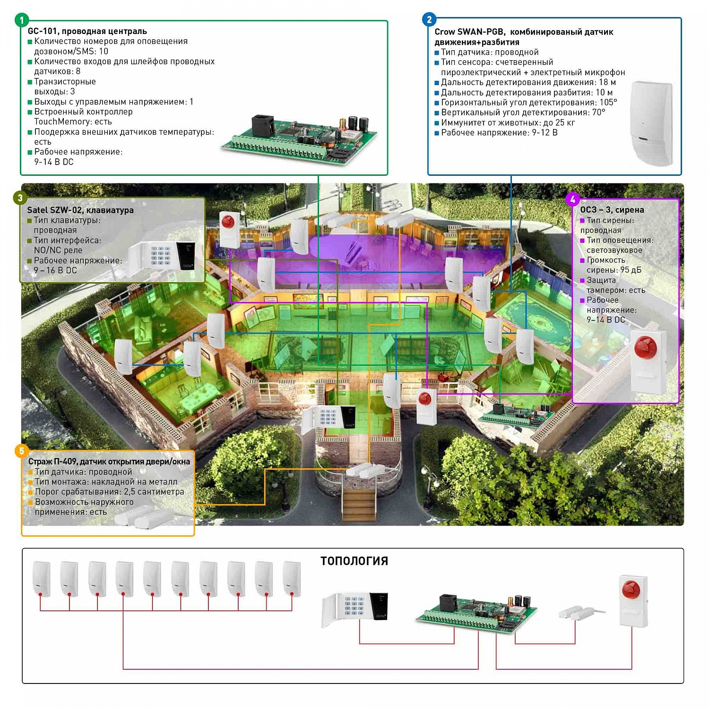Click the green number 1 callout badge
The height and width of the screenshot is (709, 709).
(22, 20)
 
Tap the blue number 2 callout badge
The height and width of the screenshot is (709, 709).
(429, 19)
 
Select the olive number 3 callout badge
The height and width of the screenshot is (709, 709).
(20, 198)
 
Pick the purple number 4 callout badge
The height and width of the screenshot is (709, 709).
(573, 199)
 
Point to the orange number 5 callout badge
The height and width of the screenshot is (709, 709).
(21, 450)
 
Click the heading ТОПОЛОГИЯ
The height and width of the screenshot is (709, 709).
(354, 561)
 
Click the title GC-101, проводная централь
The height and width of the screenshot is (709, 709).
(87, 31)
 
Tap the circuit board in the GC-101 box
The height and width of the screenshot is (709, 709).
(299, 138)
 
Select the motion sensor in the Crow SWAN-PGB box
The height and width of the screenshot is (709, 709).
(651, 123)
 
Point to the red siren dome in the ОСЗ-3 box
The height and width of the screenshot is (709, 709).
(646, 346)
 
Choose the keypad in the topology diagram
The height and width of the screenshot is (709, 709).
(355, 610)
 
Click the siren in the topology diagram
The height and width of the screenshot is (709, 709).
(633, 601)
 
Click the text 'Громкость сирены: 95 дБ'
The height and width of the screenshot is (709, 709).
(611, 265)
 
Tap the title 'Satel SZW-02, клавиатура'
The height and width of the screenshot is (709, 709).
(80, 210)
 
